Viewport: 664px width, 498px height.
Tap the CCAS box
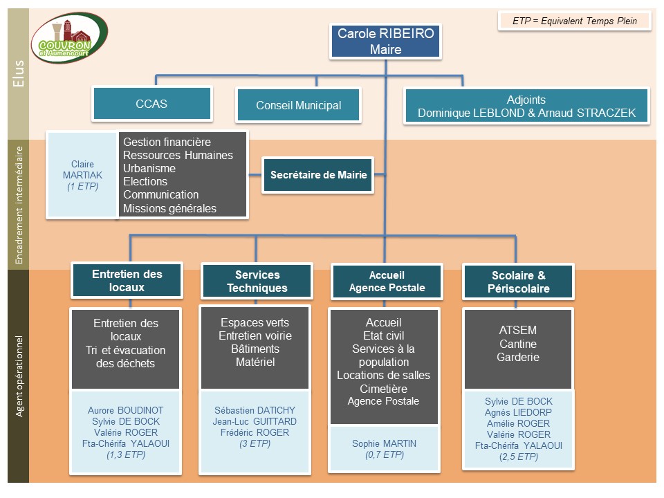151,104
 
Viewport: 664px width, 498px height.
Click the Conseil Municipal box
298,105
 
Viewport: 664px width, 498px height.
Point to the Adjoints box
526,106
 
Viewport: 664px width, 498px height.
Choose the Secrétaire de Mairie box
318,175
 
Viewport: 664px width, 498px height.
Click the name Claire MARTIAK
82,169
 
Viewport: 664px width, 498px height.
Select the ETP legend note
575,21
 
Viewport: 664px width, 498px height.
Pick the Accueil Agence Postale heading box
387,282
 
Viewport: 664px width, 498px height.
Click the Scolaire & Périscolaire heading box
517,282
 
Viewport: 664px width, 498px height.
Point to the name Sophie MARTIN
384,443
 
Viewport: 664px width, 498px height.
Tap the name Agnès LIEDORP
518,412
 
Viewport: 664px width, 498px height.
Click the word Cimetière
383,389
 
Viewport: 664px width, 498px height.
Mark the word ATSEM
517,330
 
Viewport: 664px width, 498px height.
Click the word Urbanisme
149,168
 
